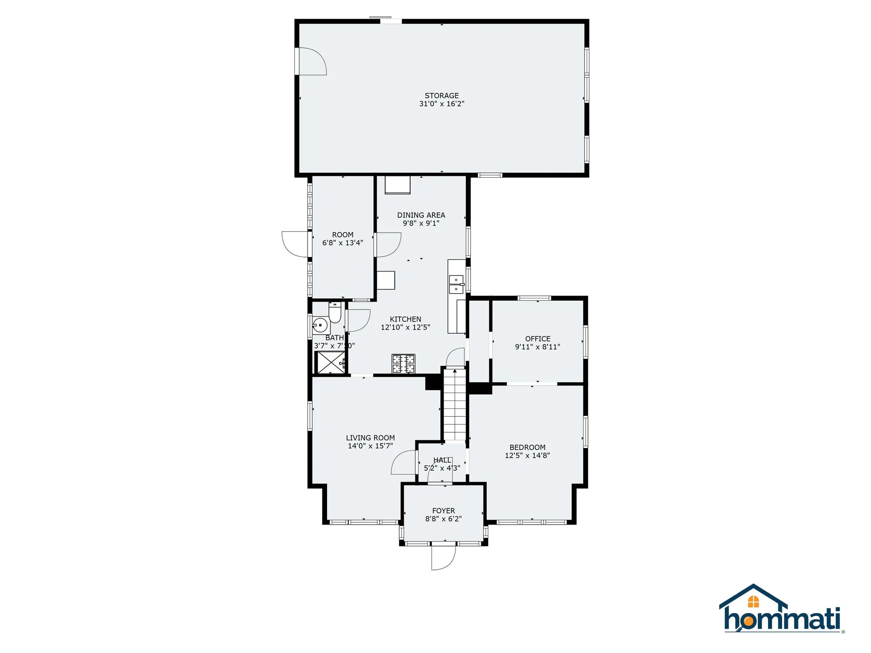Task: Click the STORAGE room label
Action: (441, 96)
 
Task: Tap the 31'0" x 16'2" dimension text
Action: (441, 104)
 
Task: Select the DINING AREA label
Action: (421, 215)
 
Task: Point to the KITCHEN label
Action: (405, 319)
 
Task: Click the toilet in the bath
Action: (335, 312)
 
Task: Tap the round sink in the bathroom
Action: (320, 325)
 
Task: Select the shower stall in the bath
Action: (330, 362)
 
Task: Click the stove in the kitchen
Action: (403, 364)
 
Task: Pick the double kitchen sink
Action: (456, 285)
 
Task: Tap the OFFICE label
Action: (538, 339)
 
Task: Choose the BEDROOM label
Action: (527, 447)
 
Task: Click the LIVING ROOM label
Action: (370, 438)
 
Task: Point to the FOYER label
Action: (443, 511)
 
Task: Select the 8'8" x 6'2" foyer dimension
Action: (443, 519)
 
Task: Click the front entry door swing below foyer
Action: (443, 557)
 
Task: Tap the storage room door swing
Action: (312, 61)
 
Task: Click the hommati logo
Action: (781, 610)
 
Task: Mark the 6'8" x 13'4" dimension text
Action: (343, 243)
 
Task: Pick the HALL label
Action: (442, 460)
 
